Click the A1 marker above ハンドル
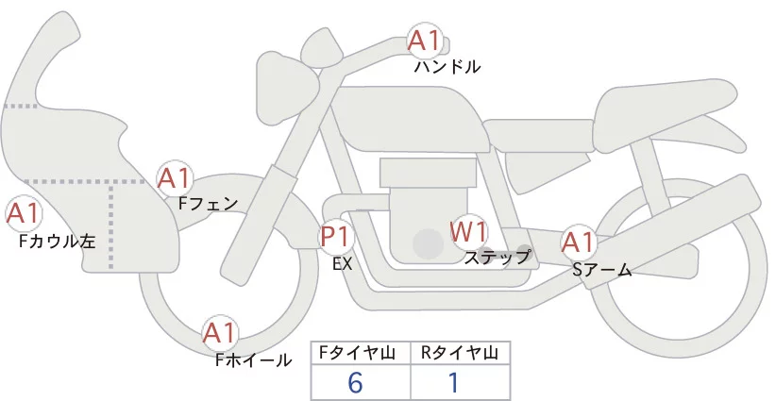[x=424, y=41]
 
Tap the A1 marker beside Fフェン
[x=175, y=177]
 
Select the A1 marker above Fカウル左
[x=22, y=214]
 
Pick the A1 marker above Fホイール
[x=220, y=333]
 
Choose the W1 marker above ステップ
[x=468, y=229]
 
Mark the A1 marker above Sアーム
[x=578, y=242]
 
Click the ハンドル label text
[x=447, y=67]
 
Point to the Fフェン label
[x=208, y=202]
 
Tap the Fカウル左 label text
[x=57, y=242]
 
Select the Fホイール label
[x=253, y=359]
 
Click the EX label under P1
[x=342, y=264]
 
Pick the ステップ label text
[x=498, y=256]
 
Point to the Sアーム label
[x=601, y=270]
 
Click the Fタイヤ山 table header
[x=362, y=353]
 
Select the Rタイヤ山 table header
[x=459, y=353]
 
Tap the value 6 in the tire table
[x=356, y=382]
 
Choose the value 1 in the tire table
[x=453, y=382]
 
